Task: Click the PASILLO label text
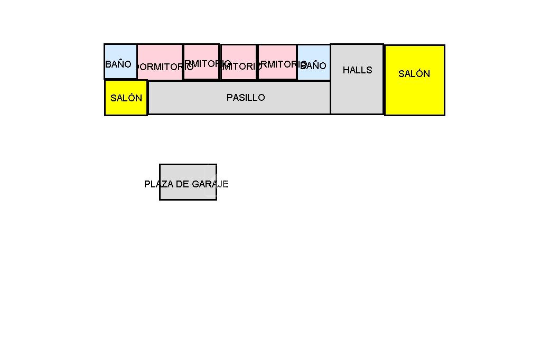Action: pyautogui.click(x=246, y=98)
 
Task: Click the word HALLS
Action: pyautogui.click(x=357, y=70)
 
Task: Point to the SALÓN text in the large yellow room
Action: pyautogui.click(x=414, y=74)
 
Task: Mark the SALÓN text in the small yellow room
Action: pyautogui.click(x=126, y=98)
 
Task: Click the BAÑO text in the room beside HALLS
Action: pyautogui.click(x=313, y=66)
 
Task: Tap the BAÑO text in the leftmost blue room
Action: pyautogui.click(x=118, y=64)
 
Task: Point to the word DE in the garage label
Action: pyautogui.click(x=183, y=184)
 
